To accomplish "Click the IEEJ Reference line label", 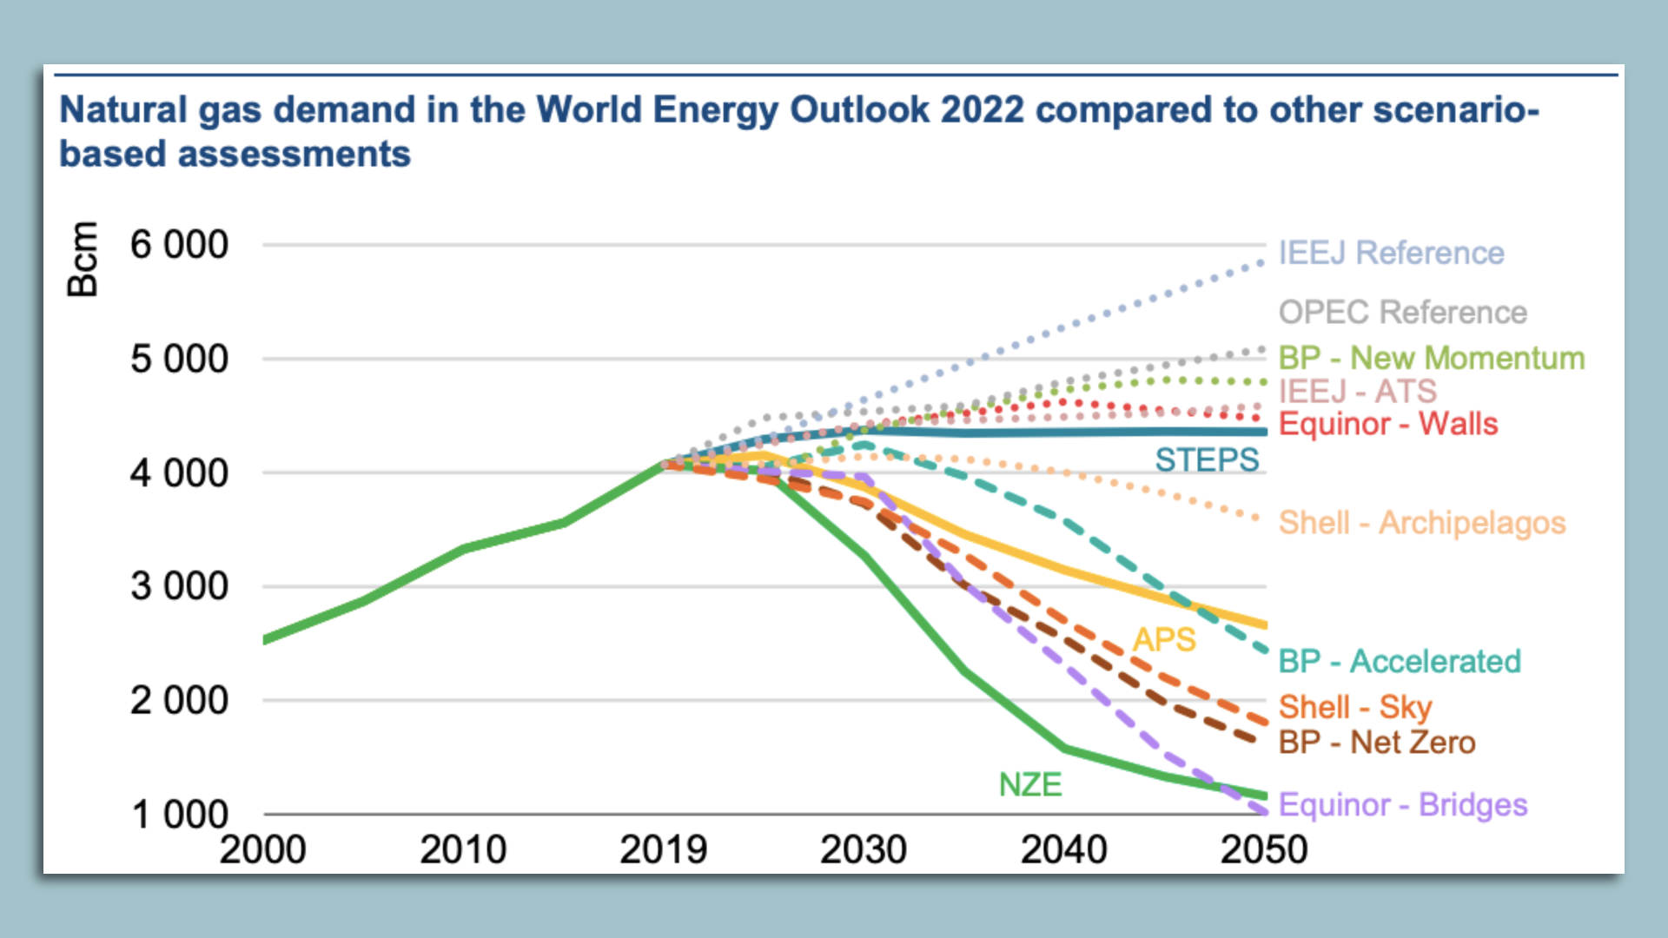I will point(1391,253).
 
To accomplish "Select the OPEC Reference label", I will point(1402,312).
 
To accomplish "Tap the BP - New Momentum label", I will point(1431,358).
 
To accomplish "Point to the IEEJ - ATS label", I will point(1357,391).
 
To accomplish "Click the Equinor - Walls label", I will point(1388,424).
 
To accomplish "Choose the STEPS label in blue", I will point(1206,459).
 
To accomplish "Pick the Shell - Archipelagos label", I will point(1421,523).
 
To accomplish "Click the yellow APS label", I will point(1164,640).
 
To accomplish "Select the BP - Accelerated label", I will point(1400,661).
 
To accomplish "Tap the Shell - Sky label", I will point(1354,707).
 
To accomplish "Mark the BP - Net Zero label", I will point(1377,743).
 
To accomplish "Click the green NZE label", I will point(1029,784).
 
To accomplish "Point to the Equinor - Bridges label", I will point(1402,805).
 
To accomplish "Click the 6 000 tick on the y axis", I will point(179,245).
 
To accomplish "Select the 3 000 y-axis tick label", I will point(179,586).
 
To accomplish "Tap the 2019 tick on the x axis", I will point(663,849).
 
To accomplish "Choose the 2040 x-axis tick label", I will point(1063,849).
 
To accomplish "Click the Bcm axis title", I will point(83,259).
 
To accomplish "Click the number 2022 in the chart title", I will point(982,110).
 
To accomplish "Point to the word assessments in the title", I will point(294,154).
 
